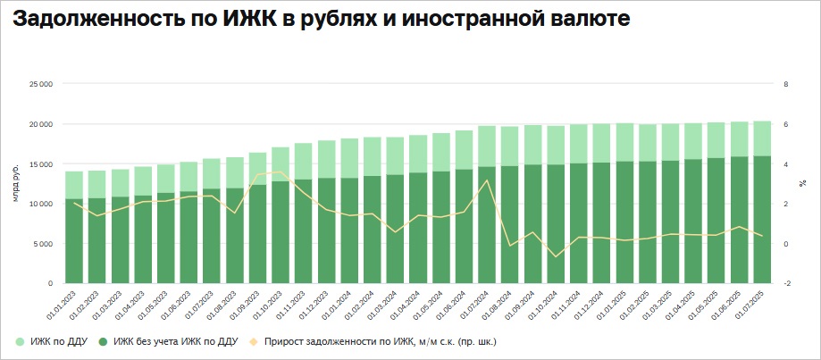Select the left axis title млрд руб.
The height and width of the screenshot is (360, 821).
point(16,184)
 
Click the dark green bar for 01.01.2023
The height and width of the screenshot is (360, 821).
point(75,241)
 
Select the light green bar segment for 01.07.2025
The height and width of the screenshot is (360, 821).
point(762,138)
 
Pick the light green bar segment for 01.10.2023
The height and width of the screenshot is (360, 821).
point(281,164)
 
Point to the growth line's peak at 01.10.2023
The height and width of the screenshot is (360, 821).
point(281,172)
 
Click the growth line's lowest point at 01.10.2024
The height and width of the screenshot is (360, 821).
point(556,256)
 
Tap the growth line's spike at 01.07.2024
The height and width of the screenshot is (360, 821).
point(487,181)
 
